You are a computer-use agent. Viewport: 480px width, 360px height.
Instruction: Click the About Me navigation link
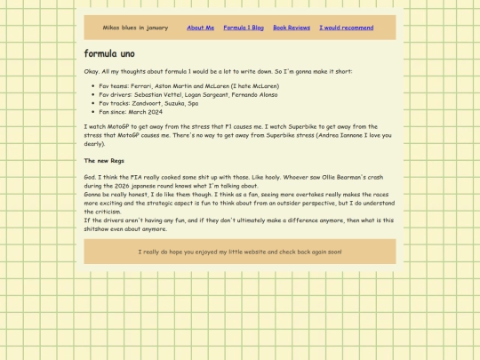point(200,28)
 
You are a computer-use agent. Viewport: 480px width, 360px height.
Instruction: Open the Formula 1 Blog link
point(244,28)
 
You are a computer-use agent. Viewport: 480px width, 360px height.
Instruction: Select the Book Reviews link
point(292,28)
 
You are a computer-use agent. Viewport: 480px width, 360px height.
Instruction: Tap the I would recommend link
point(346,28)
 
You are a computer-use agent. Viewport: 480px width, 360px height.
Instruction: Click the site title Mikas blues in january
point(135,28)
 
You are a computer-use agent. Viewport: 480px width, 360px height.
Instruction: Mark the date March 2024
point(145,112)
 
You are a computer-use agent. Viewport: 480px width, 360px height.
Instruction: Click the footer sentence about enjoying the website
point(240,252)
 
